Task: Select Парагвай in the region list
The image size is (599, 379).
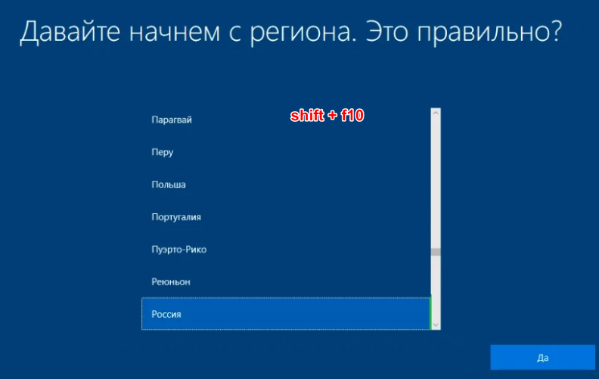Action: tap(172, 120)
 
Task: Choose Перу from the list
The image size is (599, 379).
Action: tap(163, 153)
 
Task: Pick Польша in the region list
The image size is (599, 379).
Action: tap(169, 185)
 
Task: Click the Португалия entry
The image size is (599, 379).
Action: tap(176, 217)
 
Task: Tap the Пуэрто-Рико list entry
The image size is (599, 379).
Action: tap(178, 250)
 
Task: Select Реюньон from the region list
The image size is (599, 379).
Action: tap(171, 282)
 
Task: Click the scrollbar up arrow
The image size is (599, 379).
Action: tap(436, 113)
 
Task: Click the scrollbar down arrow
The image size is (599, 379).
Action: tap(436, 325)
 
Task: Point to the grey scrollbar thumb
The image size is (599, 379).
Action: tap(436, 252)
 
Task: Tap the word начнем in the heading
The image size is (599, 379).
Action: tap(175, 33)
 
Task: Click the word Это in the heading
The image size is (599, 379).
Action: tap(387, 31)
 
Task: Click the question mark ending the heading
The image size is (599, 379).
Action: tap(554, 30)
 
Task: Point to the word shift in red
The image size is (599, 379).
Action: tap(307, 115)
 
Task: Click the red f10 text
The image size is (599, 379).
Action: tap(352, 115)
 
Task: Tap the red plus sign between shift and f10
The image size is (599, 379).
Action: tap(332, 116)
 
